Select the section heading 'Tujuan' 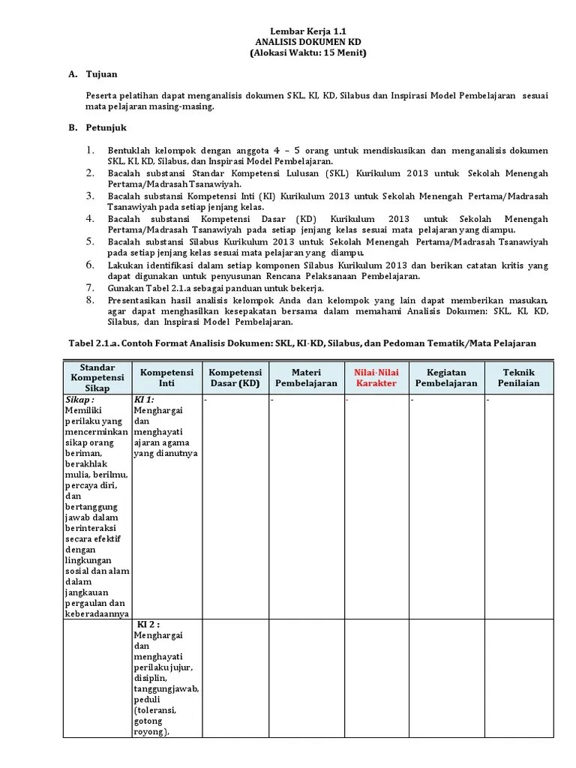(x=103, y=75)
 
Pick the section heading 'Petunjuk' (x=106, y=128)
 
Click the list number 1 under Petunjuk (x=90, y=150)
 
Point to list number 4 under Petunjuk (x=90, y=218)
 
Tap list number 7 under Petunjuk (x=90, y=287)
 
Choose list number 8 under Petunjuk (x=90, y=298)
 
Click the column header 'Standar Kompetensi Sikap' (x=97, y=377)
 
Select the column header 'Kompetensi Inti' (x=166, y=377)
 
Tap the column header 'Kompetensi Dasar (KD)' (x=235, y=377)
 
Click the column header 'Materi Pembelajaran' (x=306, y=377)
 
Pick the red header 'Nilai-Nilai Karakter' (x=376, y=377)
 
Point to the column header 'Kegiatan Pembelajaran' (x=447, y=377)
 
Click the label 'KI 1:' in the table (x=144, y=400)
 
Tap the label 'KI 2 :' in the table (x=148, y=624)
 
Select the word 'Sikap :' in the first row (x=79, y=400)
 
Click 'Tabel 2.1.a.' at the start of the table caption (x=96, y=343)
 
